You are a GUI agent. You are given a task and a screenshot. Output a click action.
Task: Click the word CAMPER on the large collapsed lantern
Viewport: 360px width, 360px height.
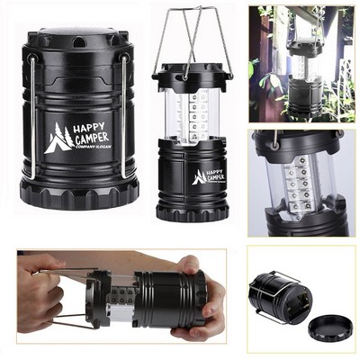92,139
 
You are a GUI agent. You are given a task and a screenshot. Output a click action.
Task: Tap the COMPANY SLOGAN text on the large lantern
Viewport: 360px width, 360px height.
93,148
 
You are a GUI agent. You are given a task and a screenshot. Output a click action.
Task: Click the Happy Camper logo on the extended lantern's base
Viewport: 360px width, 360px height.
210,175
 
